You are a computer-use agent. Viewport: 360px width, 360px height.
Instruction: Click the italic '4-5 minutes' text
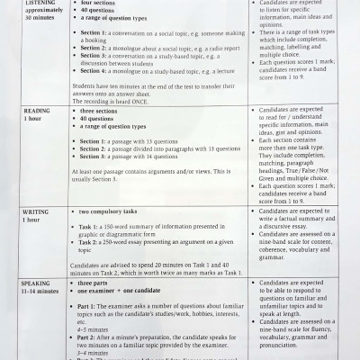click(95, 328)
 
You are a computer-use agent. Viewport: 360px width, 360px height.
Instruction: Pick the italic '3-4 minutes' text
click(95, 353)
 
